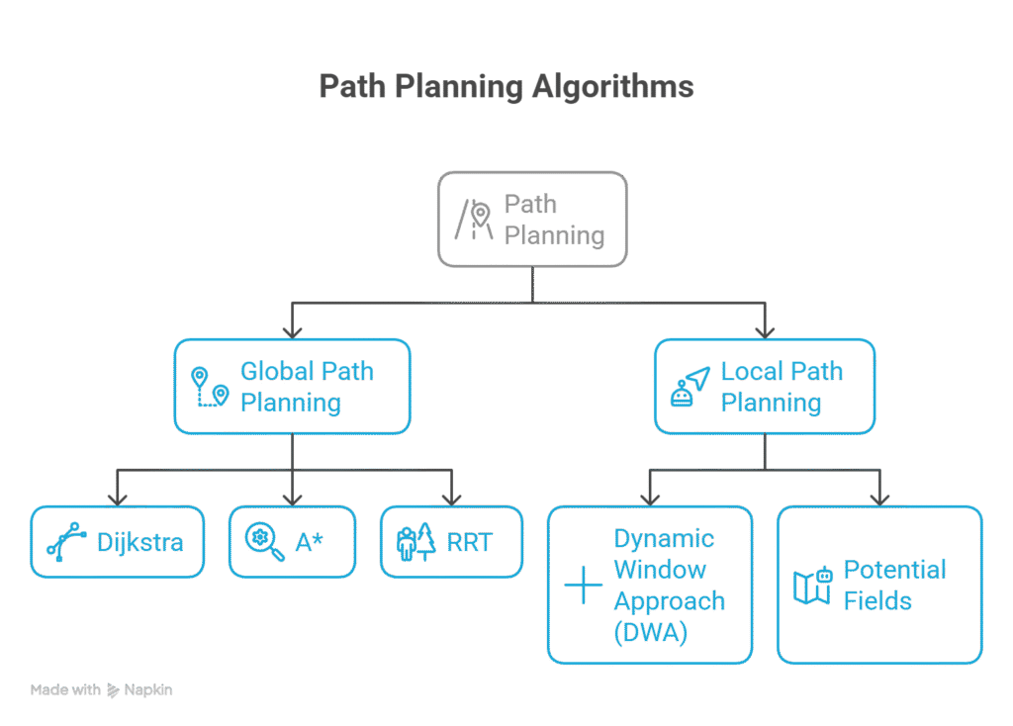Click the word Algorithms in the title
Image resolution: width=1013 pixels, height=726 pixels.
click(x=612, y=87)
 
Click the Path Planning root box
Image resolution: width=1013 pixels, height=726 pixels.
click(x=532, y=219)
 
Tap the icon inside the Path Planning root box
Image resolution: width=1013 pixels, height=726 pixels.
click(x=475, y=220)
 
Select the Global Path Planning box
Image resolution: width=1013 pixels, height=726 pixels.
click(x=292, y=387)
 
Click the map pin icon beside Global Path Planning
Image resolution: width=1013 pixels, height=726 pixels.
click(x=209, y=387)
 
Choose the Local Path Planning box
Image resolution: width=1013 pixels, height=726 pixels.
click(x=764, y=387)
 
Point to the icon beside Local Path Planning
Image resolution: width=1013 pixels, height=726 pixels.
click(x=690, y=387)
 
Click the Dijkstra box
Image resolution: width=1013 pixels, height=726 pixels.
click(x=118, y=542)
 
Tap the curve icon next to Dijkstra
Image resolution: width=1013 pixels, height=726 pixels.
click(x=66, y=542)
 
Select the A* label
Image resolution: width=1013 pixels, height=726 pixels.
click(x=309, y=542)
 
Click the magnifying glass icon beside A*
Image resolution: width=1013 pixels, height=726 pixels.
click(x=264, y=541)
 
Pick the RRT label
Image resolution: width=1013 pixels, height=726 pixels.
click(x=469, y=542)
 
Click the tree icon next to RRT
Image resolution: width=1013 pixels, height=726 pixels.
click(x=416, y=543)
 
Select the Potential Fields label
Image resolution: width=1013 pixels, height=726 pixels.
click(x=894, y=585)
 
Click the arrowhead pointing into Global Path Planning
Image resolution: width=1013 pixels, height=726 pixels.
click(x=292, y=329)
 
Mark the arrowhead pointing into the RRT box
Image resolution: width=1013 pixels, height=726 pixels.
click(x=451, y=498)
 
